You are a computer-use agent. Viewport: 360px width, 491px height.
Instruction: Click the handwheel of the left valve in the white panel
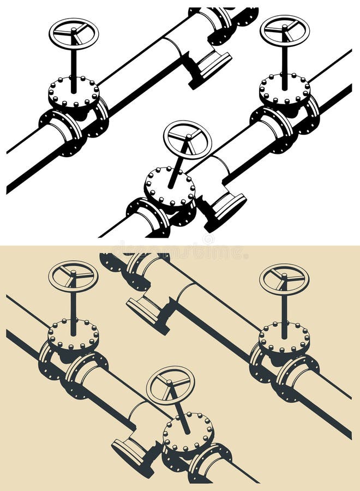point(74,34)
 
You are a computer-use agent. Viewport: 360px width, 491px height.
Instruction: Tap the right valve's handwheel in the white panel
point(284,31)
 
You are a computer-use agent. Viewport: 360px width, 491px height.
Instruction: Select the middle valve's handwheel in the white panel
point(187,140)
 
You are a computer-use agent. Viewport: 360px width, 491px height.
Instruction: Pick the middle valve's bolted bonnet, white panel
point(170,186)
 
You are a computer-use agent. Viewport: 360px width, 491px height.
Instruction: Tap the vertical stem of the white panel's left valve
point(74,63)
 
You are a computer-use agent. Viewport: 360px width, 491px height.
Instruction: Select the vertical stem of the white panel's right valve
point(284,60)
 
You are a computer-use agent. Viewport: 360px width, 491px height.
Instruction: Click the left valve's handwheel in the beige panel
point(73,276)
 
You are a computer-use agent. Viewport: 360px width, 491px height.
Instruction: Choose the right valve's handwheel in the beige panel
point(284,279)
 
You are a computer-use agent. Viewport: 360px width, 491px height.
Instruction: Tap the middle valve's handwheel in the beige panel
point(170,385)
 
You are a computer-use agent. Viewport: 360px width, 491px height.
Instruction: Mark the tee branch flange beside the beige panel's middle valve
point(131,451)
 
